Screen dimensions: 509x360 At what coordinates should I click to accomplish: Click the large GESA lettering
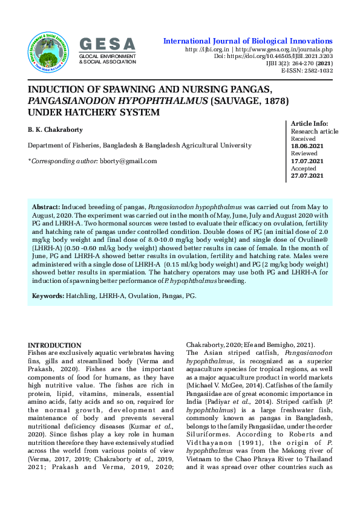click(107, 44)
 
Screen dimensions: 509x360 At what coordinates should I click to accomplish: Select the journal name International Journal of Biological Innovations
click(248, 41)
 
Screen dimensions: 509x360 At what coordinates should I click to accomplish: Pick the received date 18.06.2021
click(307, 146)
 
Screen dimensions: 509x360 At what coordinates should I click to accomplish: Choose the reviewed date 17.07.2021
click(307, 161)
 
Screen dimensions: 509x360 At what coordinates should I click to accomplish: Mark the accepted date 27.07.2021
click(307, 176)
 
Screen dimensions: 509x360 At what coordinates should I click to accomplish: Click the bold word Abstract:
click(46, 207)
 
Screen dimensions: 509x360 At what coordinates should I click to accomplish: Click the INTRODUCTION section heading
click(54, 345)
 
